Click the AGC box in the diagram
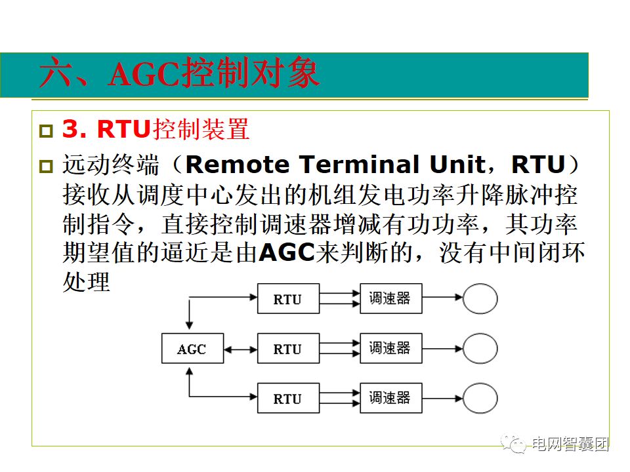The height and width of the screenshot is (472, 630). click(192, 348)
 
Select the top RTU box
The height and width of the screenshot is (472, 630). click(287, 299)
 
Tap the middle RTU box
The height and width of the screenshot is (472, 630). click(287, 348)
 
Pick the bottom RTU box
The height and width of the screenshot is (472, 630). click(287, 398)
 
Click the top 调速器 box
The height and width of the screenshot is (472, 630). click(390, 298)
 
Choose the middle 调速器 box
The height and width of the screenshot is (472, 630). click(390, 348)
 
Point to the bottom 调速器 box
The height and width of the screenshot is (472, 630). click(390, 398)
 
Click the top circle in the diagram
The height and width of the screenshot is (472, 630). click(480, 298)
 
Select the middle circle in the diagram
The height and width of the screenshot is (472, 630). click(480, 348)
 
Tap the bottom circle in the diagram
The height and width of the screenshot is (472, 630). click(480, 398)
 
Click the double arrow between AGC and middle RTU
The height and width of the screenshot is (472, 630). click(240, 348)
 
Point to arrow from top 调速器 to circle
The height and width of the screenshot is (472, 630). click(442, 298)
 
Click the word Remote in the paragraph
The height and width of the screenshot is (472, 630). click(234, 164)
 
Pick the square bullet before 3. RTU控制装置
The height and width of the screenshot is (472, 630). click(45, 131)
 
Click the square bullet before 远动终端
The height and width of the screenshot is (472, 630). click(45, 167)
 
